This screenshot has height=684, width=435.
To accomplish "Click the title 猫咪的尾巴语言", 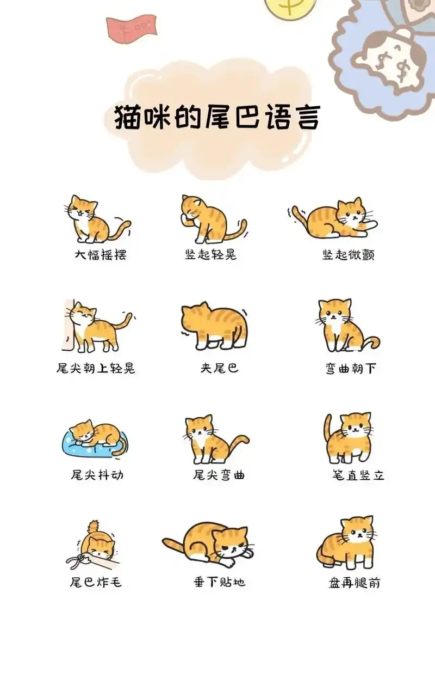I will pyautogui.click(x=216, y=117).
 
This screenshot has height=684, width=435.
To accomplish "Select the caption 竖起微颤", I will pyautogui.click(x=348, y=255).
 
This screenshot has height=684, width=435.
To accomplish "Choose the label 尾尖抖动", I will pyautogui.click(x=97, y=475).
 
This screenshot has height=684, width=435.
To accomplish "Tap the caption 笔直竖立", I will pyautogui.click(x=358, y=475).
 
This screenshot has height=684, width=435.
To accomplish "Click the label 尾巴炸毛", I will pyautogui.click(x=96, y=582).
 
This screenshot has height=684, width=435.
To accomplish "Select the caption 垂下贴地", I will pyautogui.click(x=219, y=582).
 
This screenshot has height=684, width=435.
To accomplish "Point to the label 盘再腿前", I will pyautogui.click(x=355, y=583).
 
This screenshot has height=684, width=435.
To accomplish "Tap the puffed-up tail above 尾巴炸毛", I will pyautogui.click(x=94, y=527).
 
